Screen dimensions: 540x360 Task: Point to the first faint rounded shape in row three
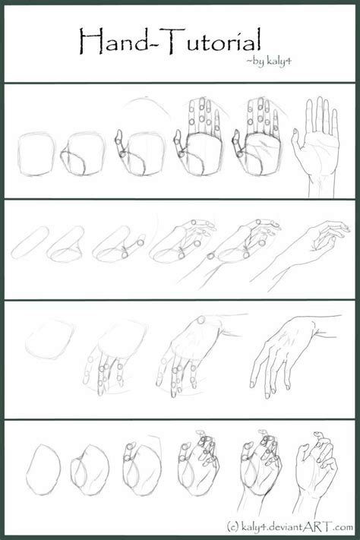pos(47,339)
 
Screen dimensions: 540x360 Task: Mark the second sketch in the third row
pos(114,357)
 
